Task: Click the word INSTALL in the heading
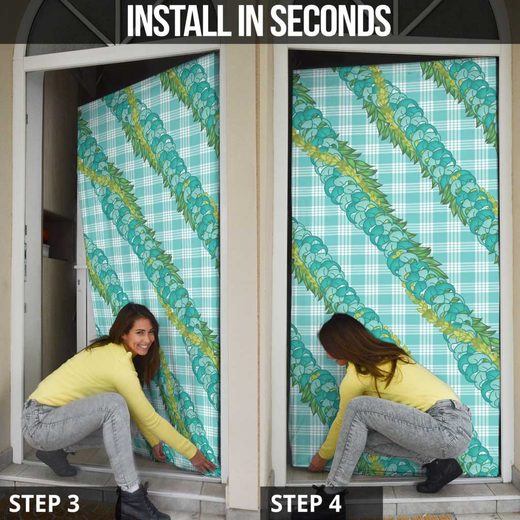179,21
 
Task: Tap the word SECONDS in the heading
331,21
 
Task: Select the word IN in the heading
250,21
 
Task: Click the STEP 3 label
44,503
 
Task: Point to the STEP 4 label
306,503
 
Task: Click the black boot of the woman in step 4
439,475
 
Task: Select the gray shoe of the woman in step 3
57,462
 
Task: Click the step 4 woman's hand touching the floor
317,463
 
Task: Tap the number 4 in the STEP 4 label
335,503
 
